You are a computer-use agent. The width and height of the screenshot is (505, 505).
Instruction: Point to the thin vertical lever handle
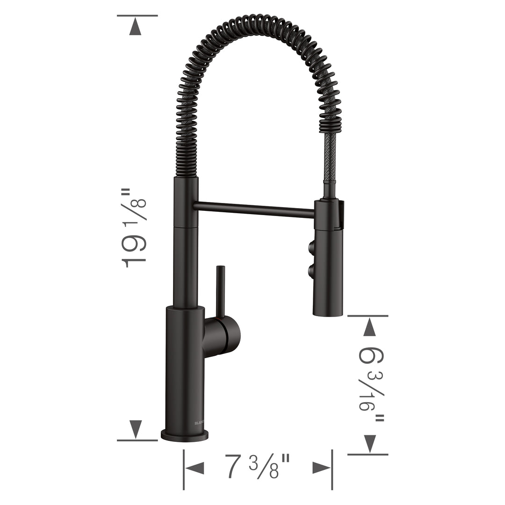pos(220,290)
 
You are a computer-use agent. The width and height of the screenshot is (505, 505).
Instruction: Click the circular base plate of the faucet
pos(185,435)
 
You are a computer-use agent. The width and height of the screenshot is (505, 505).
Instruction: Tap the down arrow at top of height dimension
pos(135,27)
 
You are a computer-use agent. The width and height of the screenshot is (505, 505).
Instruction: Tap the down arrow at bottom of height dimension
pos(135,428)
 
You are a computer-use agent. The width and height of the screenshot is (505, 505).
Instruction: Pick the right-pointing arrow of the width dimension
pos(322,468)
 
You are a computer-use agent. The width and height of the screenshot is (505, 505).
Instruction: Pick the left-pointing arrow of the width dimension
pos(194,468)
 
